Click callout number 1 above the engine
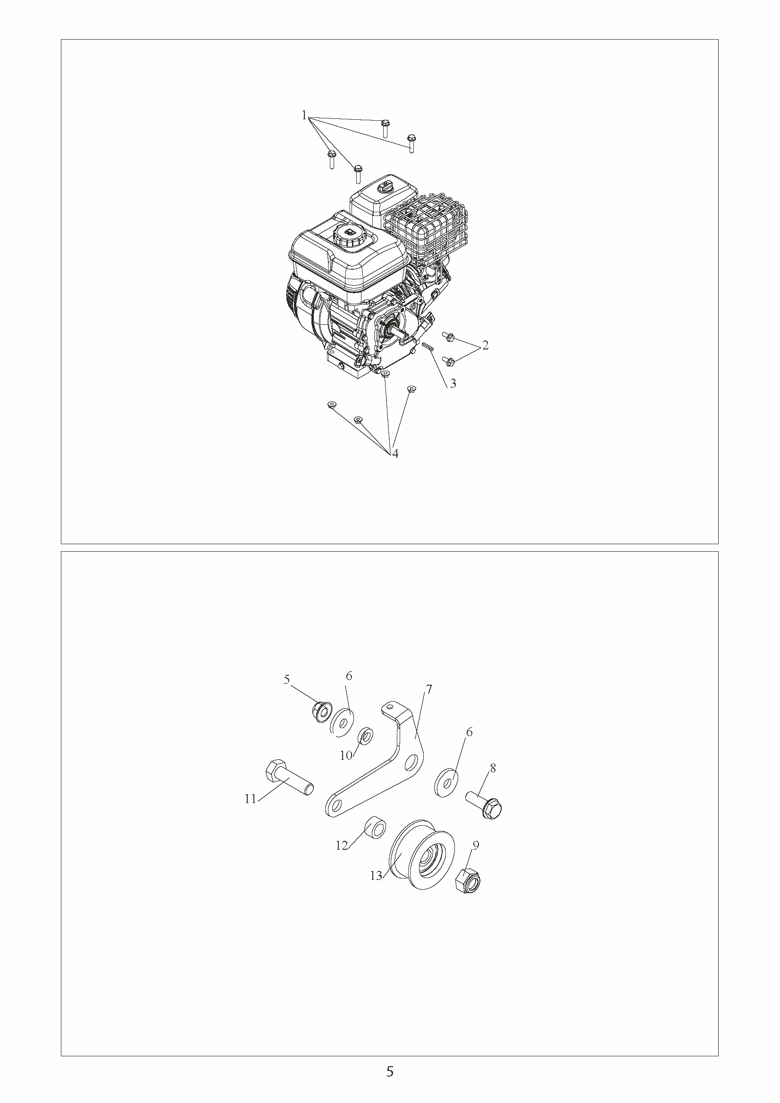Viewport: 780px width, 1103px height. coord(304,115)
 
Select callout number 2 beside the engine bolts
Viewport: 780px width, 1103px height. coord(486,345)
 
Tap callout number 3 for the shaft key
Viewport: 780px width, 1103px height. coord(453,384)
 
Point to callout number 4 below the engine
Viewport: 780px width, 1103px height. coord(395,454)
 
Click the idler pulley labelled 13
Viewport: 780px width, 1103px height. coord(421,854)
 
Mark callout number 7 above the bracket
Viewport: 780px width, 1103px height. coord(428,690)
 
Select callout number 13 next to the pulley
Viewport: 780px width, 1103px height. coord(376,876)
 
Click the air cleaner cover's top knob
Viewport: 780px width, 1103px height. coord(386,184)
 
